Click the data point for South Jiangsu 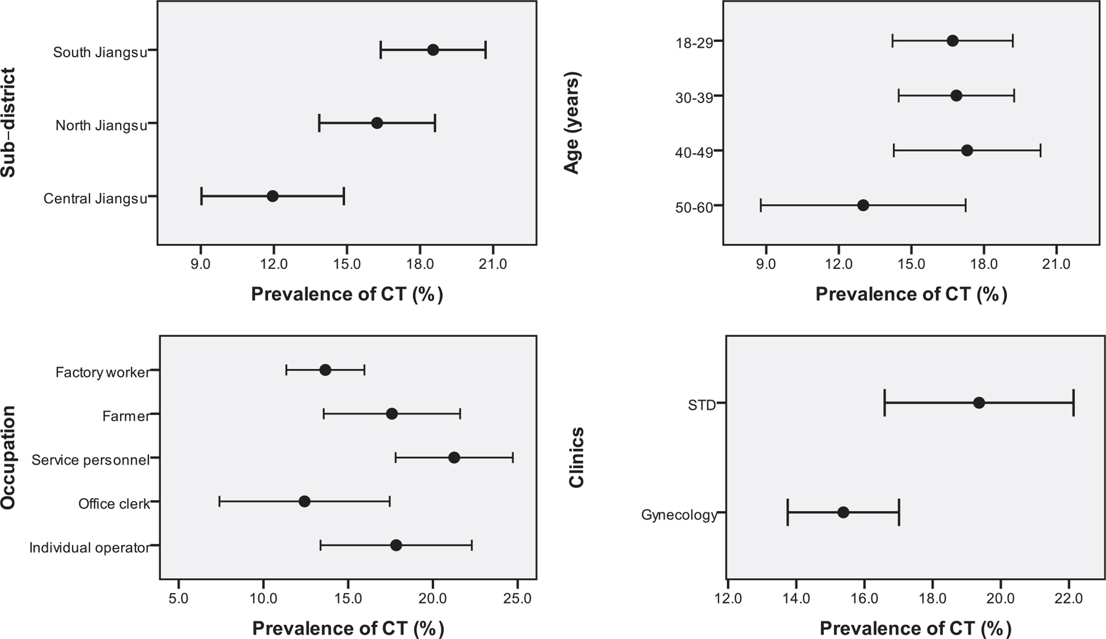(433, 50)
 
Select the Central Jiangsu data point (272, 196)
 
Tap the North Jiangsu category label (101, 125)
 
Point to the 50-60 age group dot (863, 205)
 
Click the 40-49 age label (694, 152)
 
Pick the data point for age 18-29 (953, 41)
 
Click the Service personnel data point (454, 458)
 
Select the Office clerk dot (304, 501)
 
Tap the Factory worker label (102, 372)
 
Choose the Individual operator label (89, 547)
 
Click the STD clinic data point (979, 403)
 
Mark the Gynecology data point (843, 512)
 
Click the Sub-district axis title (8, 122)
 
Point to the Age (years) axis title (571, 122)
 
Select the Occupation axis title (8, 457)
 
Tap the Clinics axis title (577, 457)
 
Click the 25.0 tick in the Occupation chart (517, 598)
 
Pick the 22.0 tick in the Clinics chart (1068, 598)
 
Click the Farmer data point (392, 413)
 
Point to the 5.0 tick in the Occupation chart (178, 598)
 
